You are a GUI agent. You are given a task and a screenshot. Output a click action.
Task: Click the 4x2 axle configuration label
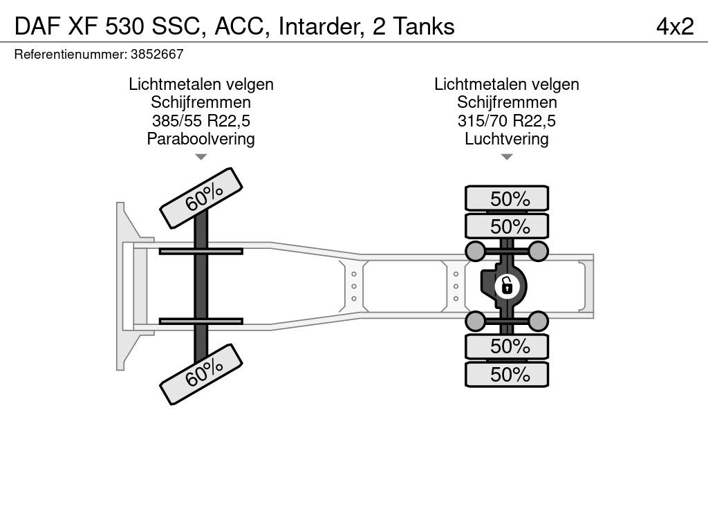675,26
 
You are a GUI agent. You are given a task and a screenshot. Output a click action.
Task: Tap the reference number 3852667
156,53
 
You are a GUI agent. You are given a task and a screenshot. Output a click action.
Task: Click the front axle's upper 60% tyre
202,197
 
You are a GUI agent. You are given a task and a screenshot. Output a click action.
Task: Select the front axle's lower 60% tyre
202,376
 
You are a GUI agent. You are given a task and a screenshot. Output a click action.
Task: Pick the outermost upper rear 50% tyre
507,198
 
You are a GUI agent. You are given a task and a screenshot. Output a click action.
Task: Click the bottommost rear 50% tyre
507,375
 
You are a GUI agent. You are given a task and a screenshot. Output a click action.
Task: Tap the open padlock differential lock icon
507,284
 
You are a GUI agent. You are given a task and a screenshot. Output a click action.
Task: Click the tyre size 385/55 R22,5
201,121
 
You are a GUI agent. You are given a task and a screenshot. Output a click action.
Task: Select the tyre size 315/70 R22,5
507,121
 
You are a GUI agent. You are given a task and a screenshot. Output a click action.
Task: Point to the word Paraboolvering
201,139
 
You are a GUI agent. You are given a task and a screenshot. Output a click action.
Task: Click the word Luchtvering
507,139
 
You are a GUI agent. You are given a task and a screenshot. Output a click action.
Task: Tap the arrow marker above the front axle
201,158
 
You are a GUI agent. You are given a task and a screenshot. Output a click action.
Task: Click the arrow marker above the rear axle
507,158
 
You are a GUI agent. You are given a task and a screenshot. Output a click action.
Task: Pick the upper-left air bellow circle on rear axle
474,250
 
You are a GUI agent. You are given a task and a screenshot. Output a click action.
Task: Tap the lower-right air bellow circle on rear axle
539,319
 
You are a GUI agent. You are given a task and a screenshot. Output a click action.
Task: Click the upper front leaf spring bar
201,251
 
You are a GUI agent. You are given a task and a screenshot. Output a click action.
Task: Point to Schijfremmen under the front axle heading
201,103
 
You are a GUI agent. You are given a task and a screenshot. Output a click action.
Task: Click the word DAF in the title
35,26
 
